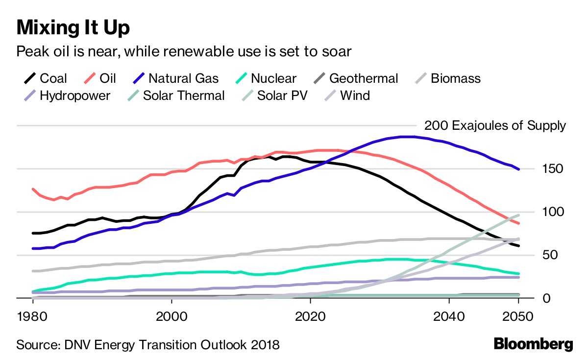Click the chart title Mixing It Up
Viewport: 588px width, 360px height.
tap(73, 27)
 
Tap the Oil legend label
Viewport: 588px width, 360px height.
tap(107, 78)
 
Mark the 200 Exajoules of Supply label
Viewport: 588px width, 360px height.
tap(495, 126)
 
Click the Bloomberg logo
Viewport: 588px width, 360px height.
tap(533, 344)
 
